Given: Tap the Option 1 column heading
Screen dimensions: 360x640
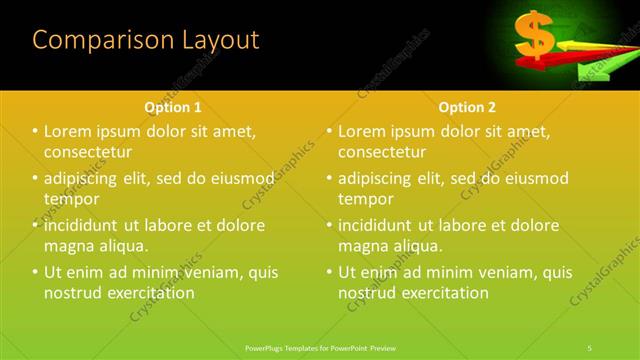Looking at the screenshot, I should click(173, 106).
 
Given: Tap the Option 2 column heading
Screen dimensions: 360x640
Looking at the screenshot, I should click(467, 106).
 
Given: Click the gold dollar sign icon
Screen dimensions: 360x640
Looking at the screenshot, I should click(534, 35).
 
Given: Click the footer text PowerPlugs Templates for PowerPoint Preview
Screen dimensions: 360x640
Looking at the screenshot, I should click(319, 346).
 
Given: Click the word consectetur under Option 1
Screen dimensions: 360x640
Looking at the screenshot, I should click(89, 152).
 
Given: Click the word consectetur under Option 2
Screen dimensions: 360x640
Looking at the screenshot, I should click(383, 152).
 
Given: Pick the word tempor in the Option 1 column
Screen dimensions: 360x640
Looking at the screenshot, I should click(71, 199).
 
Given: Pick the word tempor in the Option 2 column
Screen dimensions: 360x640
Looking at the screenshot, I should click(365, 199).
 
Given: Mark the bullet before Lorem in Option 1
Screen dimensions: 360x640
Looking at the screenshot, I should click(36, 131).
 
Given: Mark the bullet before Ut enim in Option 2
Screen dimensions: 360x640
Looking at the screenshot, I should click(330, 272).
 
